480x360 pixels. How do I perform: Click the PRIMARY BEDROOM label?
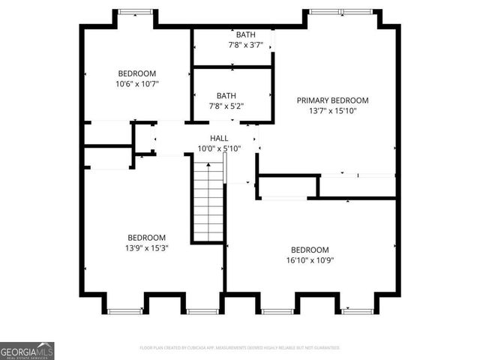click(x=332, y=100)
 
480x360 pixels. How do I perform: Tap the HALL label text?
click(x=219, y=138)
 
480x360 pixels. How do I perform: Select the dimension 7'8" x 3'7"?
click(x=245, y=45)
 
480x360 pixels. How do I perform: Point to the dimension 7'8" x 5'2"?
click(x=226, y=106)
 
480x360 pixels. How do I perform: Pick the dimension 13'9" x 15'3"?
click(x=147, y=247)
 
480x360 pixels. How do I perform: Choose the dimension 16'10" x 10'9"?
click(x=310, y=260)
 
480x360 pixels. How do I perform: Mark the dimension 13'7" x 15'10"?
click(x=333, y=110)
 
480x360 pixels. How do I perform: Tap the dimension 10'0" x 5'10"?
click(x=219, y=148)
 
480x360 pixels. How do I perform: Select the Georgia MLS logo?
click(x=27, y=351)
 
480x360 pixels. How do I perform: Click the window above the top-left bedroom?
click(x=136, y=11)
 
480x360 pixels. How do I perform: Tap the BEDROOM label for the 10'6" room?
click(x=136, y=73)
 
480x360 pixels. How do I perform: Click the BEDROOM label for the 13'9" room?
click(x=146, y=237)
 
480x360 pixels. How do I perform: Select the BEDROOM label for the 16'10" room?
click(x=310, y=250)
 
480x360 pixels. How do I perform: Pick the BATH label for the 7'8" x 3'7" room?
click(x=245, y=35)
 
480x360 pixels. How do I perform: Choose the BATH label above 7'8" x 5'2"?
click(x=226, y=96)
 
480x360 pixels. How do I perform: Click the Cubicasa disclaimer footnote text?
click(x=240, y=348)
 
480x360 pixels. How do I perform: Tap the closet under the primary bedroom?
click(x=286, y=186)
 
